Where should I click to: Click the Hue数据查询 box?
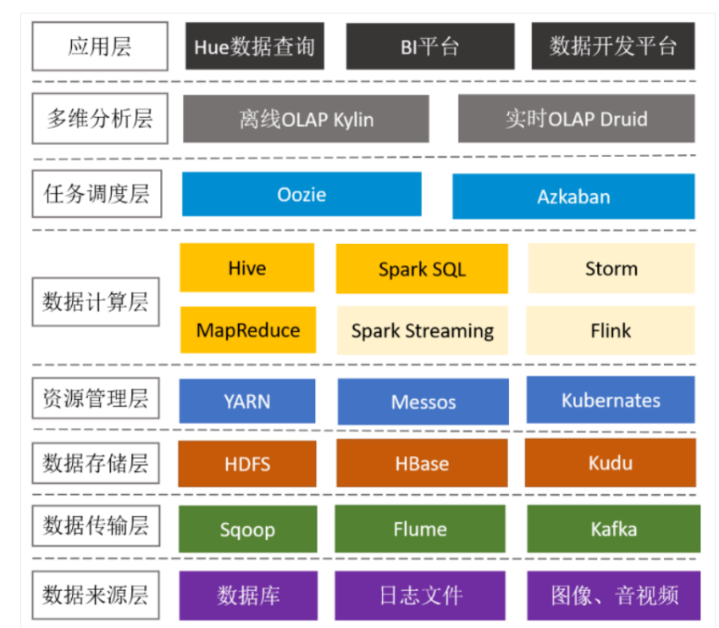(x=254, y=46)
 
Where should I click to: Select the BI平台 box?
(x=429, y=46)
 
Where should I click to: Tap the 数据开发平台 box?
(x=613, y=46)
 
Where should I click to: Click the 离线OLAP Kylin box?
(x=306, y=119)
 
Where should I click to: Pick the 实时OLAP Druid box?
(x=576, y=119)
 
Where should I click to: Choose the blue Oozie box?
(x=301, y=194)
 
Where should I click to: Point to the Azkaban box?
(x=573, y=197)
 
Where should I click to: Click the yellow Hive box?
(x=246, y=268)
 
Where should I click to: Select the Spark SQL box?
(x=422, y=270)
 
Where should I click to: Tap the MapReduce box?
(x=247, y=330)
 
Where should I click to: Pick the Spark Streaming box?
(x=422, y=331)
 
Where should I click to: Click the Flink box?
(x=611, y=330)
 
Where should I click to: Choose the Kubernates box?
(x=611, y=400)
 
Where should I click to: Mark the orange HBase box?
(x=422, y=464)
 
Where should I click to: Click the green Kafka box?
(x=613, y=529)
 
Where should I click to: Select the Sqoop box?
(x=247, y=530)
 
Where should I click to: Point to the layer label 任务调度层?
(x=97, y=193)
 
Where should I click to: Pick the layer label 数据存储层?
(x=96, y=463)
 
